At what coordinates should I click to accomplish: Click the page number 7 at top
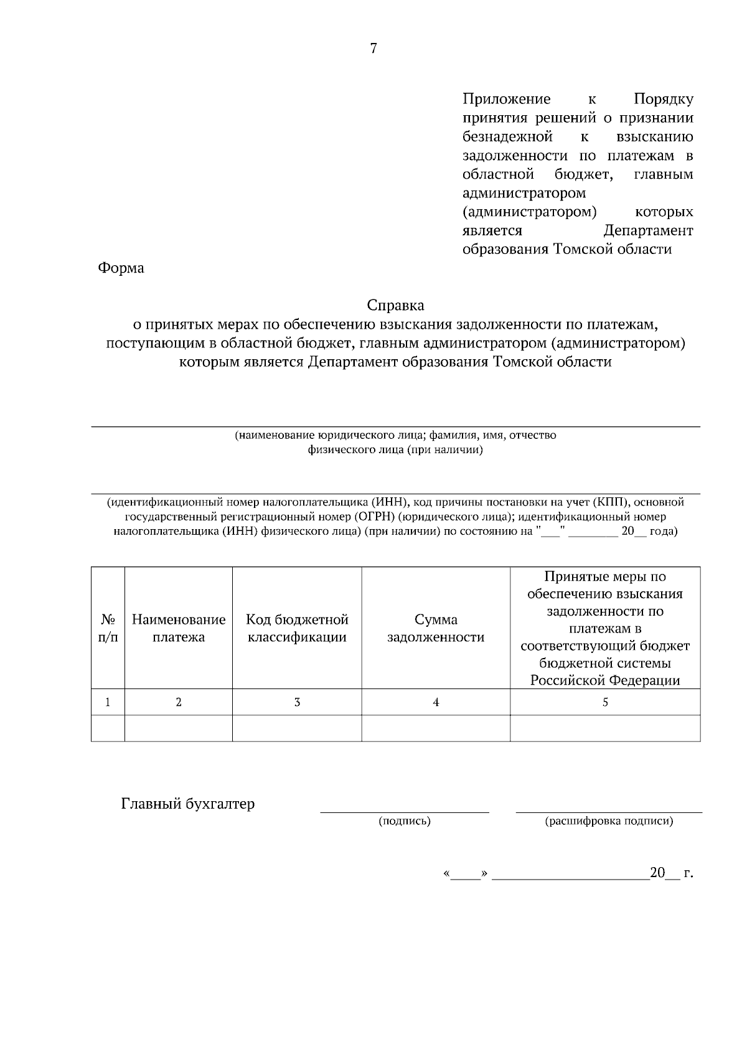pos(374,49)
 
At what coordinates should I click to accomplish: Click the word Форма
pos(121,268)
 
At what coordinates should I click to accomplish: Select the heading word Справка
pos(395,306)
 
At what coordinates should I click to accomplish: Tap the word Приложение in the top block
pos(506,100)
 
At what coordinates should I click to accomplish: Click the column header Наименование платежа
pos(179,628)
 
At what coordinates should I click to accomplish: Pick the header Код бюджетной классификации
pos(297,628)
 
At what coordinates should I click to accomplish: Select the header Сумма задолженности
pos(436,628)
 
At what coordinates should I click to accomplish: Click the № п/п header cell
pos(108,628)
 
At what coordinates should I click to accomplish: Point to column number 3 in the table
pos(297,702)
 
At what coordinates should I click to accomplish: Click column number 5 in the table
pos(605,702)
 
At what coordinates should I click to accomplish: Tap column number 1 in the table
pos(108,702)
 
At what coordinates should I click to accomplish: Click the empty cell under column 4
pos(436,728)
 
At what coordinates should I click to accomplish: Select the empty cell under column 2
pos(179,728)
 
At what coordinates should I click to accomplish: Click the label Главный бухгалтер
pos(188,804)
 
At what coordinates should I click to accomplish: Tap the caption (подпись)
pos(405,821)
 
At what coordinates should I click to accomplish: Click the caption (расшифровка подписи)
pos(609,821)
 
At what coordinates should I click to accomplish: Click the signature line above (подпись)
pos(405,812)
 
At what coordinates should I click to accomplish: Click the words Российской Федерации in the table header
pos(605,680)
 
